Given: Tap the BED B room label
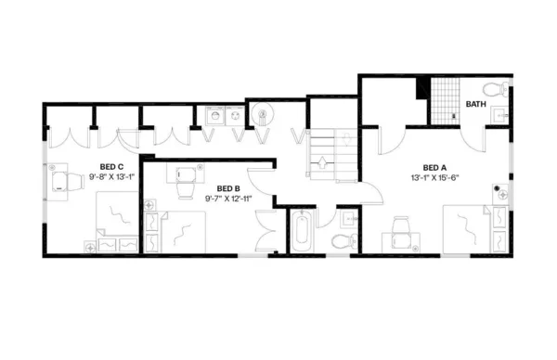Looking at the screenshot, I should tap(228, 188).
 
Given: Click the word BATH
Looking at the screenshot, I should tap(475, 104).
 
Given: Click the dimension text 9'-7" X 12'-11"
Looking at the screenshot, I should tap(228, 199).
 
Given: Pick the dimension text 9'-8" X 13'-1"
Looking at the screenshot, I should tap(111, 175).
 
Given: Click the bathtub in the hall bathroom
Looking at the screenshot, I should tap(303, 232).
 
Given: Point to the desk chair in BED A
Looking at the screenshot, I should tap(401, 227).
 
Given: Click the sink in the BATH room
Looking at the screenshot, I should tap(499, 116).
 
